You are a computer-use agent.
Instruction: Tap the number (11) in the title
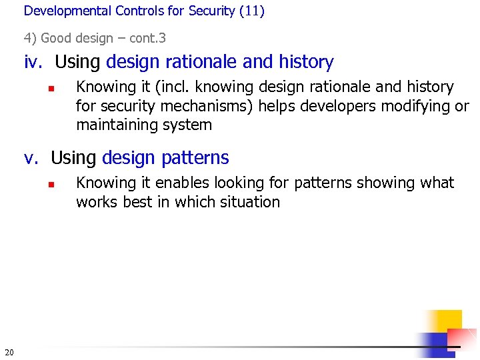point(252,11)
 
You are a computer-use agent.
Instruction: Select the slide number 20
point(9,351)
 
